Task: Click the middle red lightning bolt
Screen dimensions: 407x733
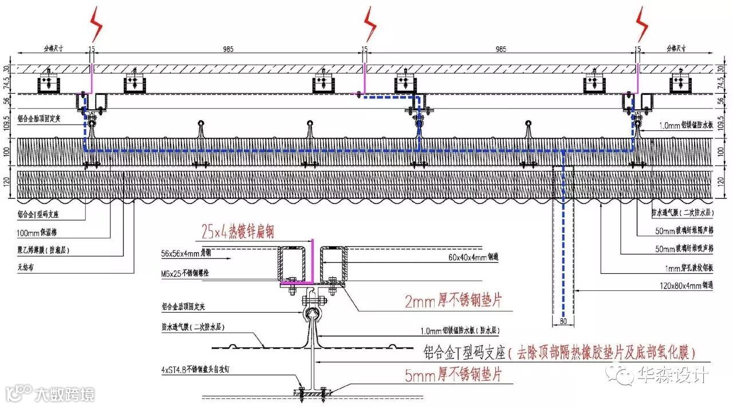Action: pos(371,24)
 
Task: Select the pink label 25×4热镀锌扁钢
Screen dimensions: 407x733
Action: pos(238,231)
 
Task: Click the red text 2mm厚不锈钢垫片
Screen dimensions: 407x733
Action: pos(452,301)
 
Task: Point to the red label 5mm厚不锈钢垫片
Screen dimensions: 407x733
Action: pos(453,375)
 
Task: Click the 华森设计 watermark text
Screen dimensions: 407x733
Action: pos(672,375)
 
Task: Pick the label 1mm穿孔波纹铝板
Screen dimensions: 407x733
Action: pos(684,266)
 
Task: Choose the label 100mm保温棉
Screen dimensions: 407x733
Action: pos(37,233)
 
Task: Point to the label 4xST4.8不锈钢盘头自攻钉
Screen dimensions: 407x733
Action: pos(198,370)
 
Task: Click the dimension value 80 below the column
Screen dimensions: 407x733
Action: pos(562,322)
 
